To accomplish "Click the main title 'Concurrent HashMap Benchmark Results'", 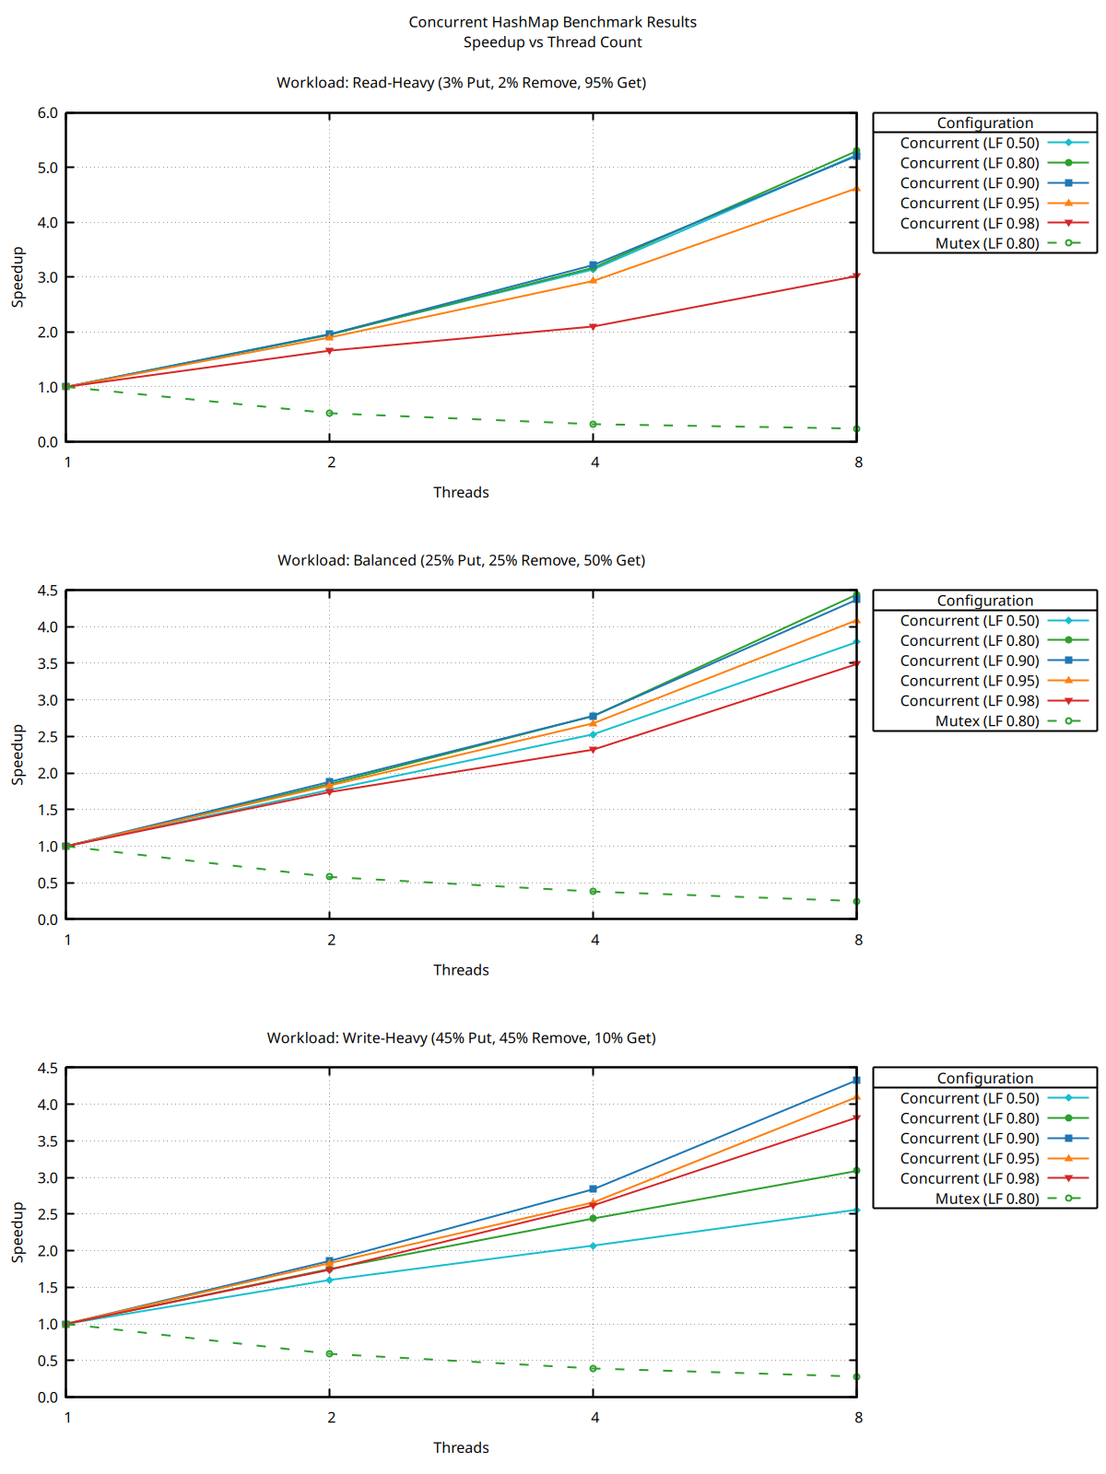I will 552,22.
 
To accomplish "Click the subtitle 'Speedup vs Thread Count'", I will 552,42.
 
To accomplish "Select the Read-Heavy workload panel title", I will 461,83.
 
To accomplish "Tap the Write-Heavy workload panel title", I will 461,1038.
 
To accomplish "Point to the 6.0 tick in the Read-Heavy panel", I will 47,113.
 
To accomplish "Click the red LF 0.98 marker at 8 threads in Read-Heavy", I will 856,276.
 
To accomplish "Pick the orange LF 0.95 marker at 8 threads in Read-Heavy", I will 856,189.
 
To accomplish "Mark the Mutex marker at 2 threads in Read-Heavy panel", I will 330,414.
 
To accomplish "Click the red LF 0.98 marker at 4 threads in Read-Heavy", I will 594,327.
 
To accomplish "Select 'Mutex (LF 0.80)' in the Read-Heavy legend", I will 986,244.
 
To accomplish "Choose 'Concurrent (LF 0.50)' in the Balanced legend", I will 970,621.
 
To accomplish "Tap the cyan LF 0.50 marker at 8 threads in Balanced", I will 856,642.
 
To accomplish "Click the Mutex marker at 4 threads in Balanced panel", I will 594,892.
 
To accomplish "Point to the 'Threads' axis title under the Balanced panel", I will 461,970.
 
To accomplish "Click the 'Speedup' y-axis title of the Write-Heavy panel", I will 18,1232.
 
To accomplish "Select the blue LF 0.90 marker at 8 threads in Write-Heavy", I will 856,1081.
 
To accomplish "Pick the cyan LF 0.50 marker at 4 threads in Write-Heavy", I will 594,1246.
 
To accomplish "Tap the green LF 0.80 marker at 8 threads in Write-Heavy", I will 856,1171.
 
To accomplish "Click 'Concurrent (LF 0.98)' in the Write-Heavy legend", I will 970,1178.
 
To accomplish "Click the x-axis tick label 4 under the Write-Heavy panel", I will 594,1418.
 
